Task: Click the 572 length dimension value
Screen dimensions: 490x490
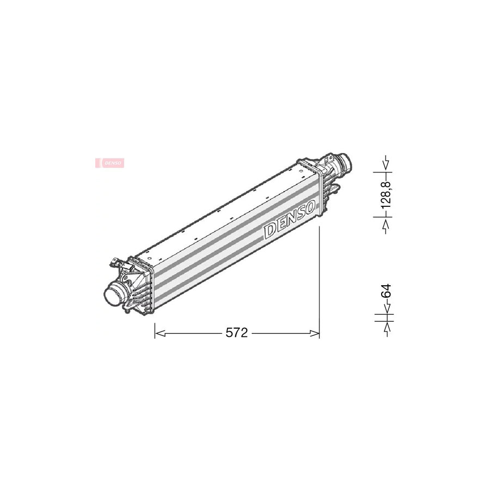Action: tap(237, 333)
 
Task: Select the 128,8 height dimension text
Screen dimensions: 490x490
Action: tap(387, 194)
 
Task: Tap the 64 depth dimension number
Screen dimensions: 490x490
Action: tap(387, 291)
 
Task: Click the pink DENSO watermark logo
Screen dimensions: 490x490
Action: tap(109, 163)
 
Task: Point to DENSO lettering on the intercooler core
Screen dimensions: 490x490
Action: tap(290, 220)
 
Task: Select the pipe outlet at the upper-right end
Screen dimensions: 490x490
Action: tap(344, 163)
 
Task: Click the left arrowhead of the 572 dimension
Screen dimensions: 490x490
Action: tap(160, 334)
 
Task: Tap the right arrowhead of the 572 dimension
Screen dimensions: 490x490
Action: tap(314, 334)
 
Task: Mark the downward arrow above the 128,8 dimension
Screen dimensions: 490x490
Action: tap(387, 163)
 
